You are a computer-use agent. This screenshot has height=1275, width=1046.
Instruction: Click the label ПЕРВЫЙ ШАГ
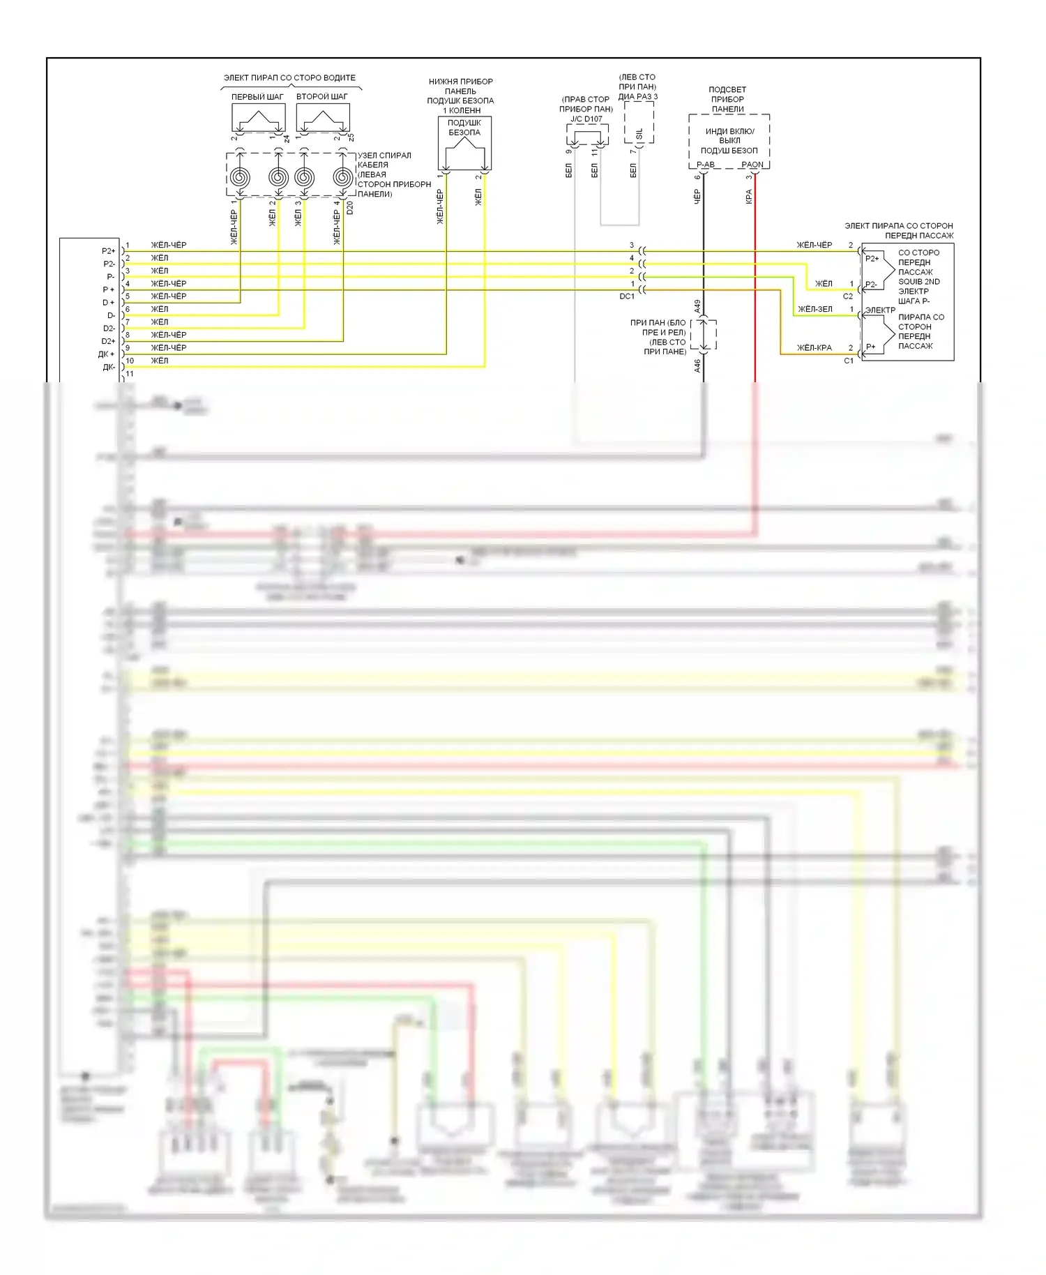coord(257,97)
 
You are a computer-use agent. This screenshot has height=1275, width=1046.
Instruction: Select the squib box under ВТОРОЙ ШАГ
coord(322,117)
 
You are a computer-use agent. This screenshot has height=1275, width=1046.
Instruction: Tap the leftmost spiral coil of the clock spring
coord(239,177)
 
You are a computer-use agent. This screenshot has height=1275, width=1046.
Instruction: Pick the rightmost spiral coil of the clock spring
coord(342,177)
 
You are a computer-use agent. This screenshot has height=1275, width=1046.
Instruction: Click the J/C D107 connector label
coord(586,119)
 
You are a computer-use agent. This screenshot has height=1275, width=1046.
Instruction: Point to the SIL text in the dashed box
coord(639,133)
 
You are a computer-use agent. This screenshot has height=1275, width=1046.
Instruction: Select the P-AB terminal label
coord(706,165)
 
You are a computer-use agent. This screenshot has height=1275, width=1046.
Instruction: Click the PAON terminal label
coord(752,165)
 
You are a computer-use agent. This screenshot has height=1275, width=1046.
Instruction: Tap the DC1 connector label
coord(627,296)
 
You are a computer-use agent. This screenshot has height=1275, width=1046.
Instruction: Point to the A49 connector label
coord(697,305)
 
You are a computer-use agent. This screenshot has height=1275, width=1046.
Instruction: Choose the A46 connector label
coord(697,365)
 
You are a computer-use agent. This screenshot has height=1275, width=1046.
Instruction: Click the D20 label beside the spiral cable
coord(350,207)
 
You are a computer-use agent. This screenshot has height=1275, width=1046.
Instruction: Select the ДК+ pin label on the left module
coord(106,354)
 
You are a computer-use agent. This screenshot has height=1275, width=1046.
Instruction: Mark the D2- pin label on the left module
coord(109,329)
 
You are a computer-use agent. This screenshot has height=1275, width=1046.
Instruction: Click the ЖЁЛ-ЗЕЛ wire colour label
coord(814,309)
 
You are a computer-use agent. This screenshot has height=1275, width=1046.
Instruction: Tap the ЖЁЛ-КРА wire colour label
coord(814,347)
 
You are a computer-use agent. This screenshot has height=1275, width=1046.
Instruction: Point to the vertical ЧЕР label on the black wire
coord(697,197)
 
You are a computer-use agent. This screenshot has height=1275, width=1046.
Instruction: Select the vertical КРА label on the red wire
coord(749,197)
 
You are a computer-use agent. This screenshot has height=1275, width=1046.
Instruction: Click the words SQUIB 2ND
coord(918,282)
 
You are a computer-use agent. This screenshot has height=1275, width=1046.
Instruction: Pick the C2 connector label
coord(848,296)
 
